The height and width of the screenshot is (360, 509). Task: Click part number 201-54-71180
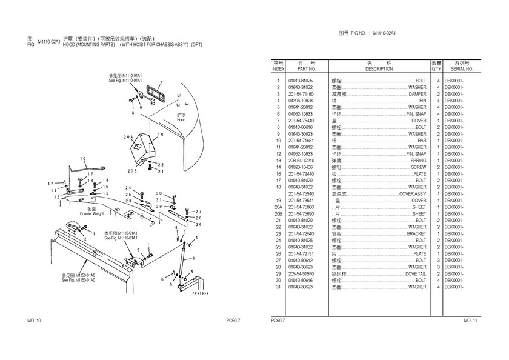click(301, 94)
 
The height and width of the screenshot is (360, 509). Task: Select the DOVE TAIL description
click(416, 274)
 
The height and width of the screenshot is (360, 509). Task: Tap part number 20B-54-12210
click(301, 161)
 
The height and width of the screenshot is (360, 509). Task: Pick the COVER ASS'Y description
click(412, 194)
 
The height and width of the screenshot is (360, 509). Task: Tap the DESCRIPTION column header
click(379, 69)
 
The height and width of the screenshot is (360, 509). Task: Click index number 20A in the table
click(278, 207)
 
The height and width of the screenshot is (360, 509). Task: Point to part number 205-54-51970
click(301, 274)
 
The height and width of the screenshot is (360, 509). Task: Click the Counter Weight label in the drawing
click(91, 214)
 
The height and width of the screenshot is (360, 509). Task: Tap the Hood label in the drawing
click(181, 120)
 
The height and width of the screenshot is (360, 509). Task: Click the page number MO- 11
click(471, 319)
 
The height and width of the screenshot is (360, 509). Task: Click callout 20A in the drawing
click(127, 137)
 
